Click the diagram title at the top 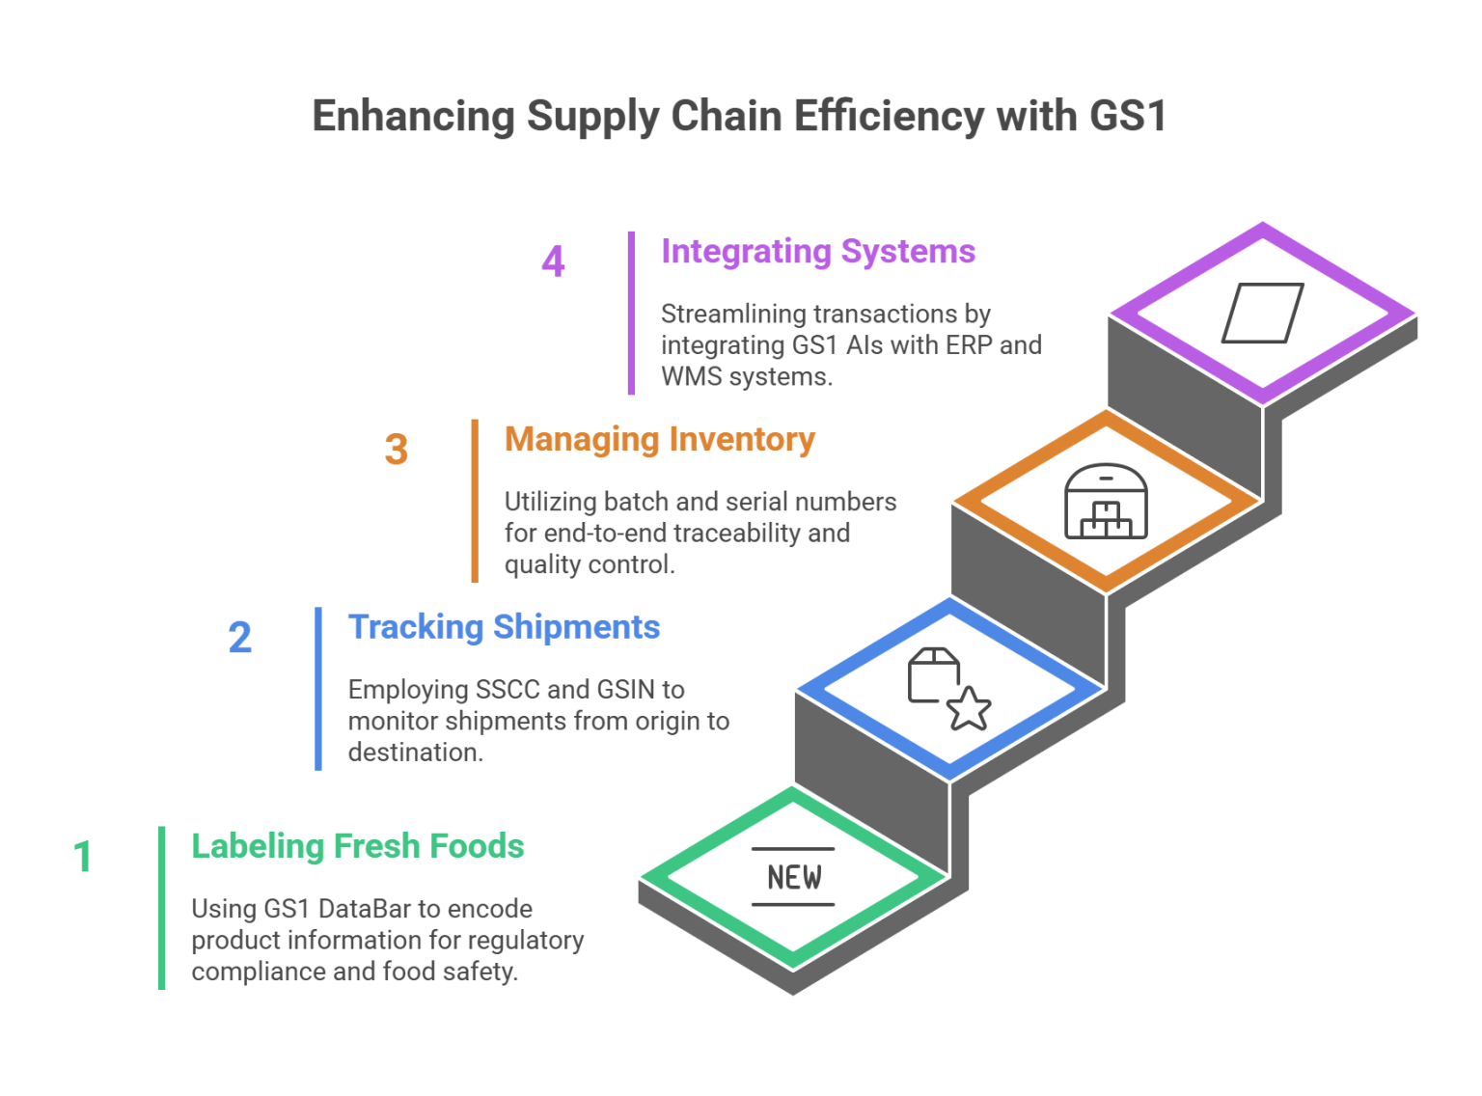(738, 124)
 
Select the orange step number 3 (395, 450)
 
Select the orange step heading (660, 452)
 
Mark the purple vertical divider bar (631, 312)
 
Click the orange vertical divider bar (474, 500)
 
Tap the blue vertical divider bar (317, 688)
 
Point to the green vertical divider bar (161, 907)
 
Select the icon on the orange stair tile (1117, 501)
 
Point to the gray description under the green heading (386, 941)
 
